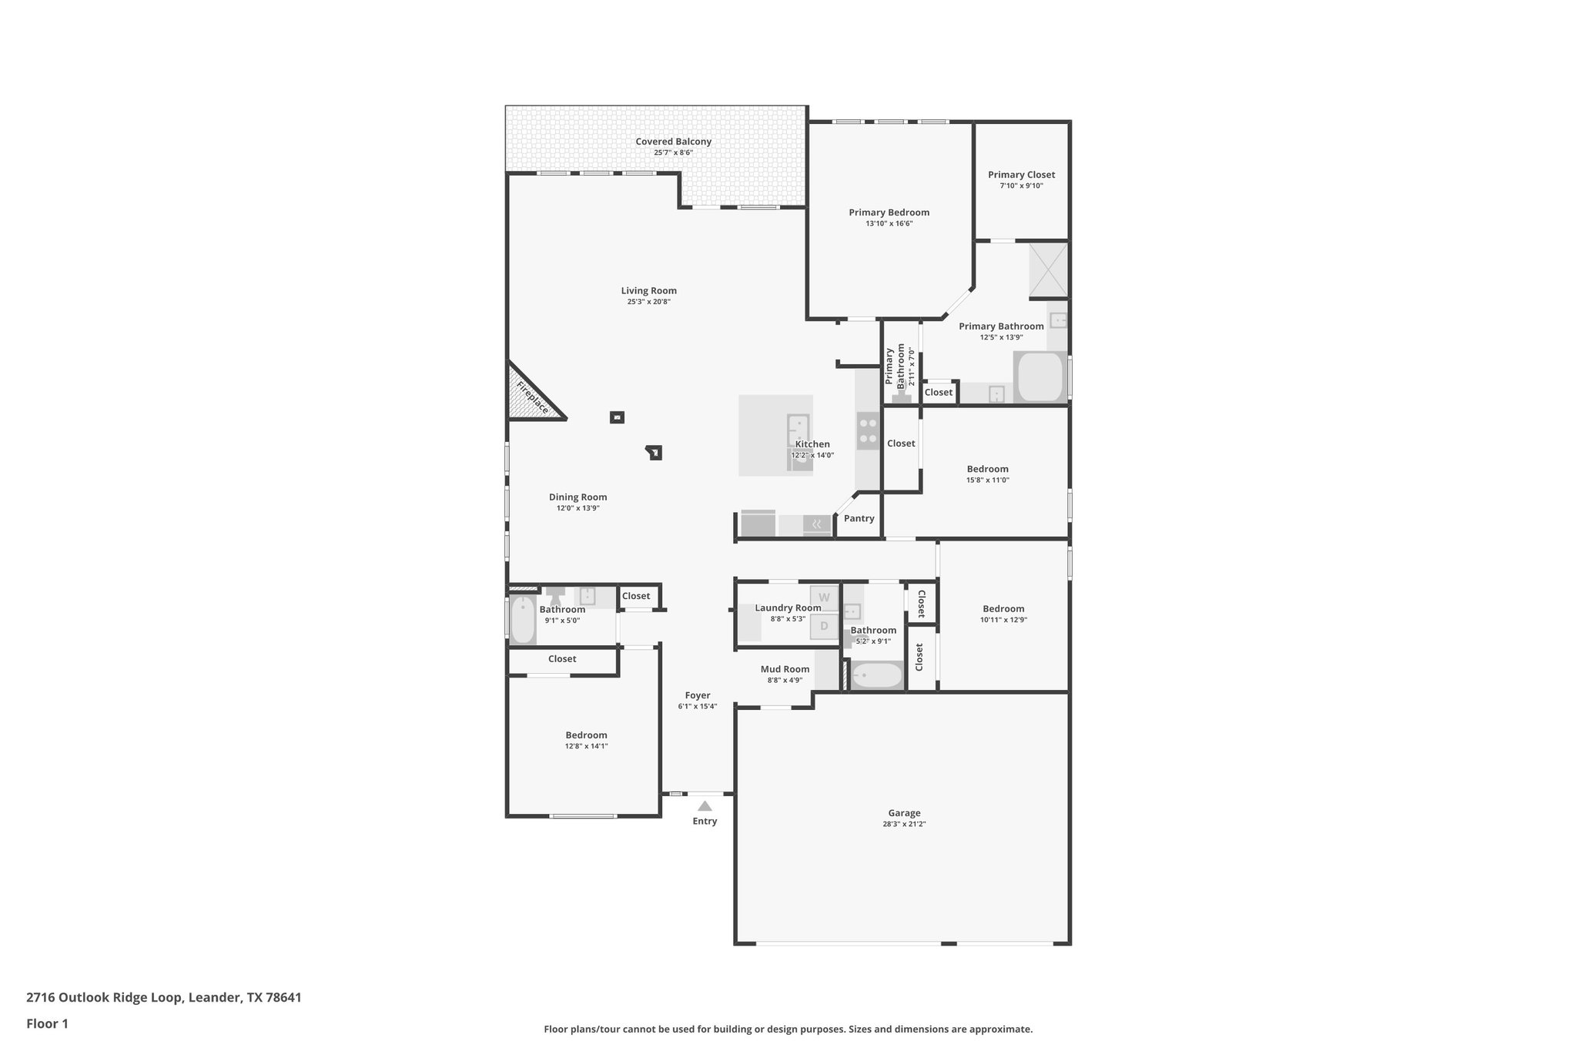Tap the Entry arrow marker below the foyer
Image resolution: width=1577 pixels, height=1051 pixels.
click(x=705, y=806)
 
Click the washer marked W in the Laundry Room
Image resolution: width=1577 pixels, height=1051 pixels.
click(x=824, y=597)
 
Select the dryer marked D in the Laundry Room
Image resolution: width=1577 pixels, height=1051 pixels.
click(x=824, y=626)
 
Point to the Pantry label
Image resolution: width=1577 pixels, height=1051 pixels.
click(x=859, y=518)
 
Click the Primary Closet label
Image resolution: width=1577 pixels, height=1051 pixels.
click(x=1021, y=175)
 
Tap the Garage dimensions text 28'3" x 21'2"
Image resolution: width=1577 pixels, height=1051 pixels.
click(x=904, y=824)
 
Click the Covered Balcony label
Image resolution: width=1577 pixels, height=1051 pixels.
click(x=673, y=142)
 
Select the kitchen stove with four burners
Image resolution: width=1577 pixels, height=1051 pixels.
click(x=868, y=430)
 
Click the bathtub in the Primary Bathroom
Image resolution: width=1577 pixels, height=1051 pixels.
click(x=1040, y=377)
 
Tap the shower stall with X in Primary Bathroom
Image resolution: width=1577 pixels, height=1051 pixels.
click(x=1049, y=269)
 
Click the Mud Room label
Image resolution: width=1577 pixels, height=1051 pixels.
click(x=785, y=669)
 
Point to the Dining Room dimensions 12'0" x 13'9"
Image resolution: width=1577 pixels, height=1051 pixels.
click(x=578, y=508)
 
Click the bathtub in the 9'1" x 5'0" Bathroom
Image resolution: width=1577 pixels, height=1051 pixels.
click(x=523, y=620)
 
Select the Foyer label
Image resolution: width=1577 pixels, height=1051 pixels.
click(x=698, y=695)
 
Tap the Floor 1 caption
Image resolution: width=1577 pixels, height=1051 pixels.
click(x=47, y=1024)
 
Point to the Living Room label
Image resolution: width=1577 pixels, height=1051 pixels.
click(x=648, y=291)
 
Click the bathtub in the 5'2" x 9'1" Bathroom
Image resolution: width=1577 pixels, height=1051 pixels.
click(x=876, y=676)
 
